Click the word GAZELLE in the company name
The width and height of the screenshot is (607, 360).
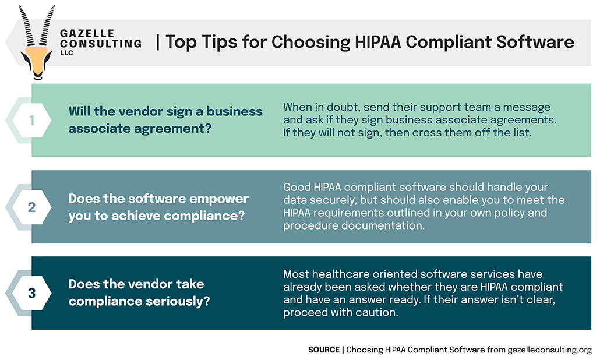[87, 33]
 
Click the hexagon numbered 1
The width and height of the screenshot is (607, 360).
[31, 121]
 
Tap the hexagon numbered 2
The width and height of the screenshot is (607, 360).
[31, 207]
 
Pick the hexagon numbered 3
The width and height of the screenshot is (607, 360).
[31, 293]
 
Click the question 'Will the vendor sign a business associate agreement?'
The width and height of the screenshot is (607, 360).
[165, 119]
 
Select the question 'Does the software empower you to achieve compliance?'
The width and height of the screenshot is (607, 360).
[158, 206]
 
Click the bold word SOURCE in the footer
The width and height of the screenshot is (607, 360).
[324, 350]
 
